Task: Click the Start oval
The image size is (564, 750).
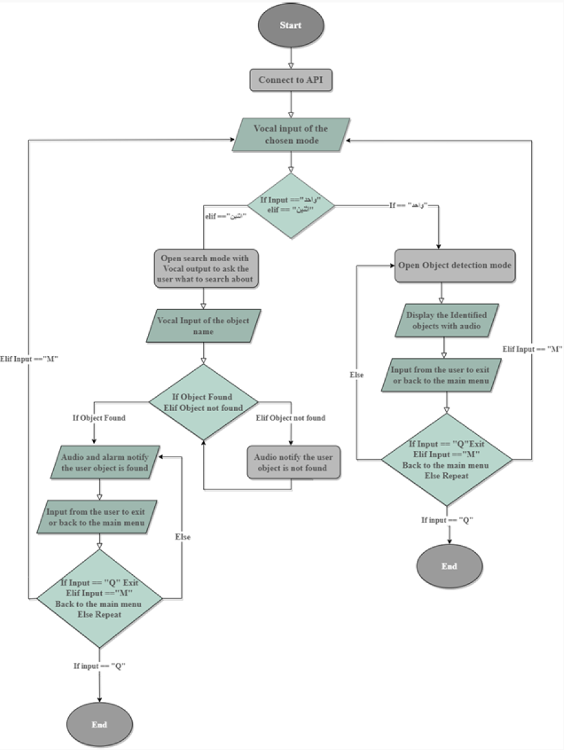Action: pos(290,26)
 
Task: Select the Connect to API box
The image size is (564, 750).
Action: pos(290,81)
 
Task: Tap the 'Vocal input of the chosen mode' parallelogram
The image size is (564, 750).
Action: pos(290,134)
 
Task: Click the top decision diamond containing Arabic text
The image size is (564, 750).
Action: pos(290,206)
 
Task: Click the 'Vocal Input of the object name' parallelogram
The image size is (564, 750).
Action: pos(204,326)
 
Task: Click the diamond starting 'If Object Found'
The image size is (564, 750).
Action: pos(203,402)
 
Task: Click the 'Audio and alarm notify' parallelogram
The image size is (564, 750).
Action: pos(100,463)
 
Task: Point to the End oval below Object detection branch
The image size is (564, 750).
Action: pos(449,566)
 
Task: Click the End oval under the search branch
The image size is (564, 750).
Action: pos(99,725)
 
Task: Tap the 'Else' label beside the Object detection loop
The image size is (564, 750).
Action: pos(357,375)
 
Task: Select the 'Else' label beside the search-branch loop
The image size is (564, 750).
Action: pos(183,537)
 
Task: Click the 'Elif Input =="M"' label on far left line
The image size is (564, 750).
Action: pos(30,359)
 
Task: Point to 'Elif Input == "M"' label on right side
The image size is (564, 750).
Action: pos(531,348)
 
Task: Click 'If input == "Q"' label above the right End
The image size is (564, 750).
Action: pos(448,519)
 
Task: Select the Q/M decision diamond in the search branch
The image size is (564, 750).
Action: pos(100,598)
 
